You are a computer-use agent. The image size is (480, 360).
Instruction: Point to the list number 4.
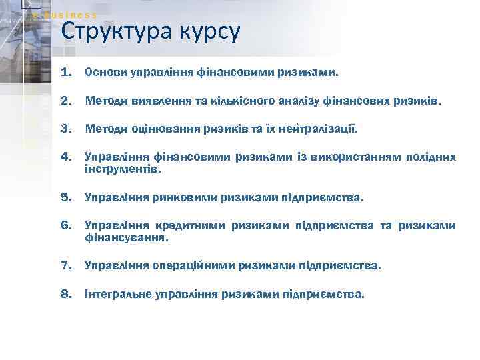pos(65,157)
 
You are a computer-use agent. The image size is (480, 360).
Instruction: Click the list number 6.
pos(65,225)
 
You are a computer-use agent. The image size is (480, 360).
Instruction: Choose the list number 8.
pos(65,293)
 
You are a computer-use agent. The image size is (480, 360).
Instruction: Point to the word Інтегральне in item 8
pos(117,293)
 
